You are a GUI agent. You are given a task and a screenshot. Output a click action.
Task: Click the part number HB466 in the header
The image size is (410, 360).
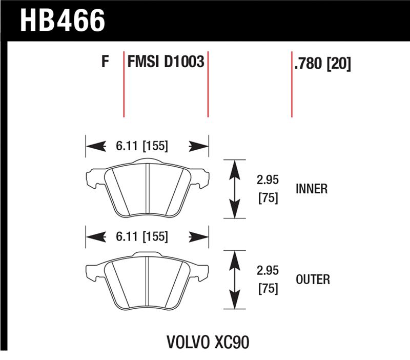[62, 21]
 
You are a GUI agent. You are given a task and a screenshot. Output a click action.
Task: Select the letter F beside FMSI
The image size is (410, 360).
[105, 63]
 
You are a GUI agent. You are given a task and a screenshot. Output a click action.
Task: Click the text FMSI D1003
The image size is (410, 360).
[166, 63]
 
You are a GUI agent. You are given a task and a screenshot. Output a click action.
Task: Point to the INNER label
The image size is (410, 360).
[311, 189]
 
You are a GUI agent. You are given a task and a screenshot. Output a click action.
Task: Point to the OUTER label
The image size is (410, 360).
[313, 279]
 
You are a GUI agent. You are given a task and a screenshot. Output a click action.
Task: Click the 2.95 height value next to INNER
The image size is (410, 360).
[268, 181]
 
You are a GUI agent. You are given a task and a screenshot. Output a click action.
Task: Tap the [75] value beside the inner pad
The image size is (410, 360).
[268, 198]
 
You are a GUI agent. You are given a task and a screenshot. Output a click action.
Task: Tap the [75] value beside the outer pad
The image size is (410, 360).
[268, 288]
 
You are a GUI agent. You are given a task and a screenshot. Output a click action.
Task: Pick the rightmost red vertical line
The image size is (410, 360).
[292, 85]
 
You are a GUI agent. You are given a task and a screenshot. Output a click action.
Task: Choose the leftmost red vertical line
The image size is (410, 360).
[124, 85]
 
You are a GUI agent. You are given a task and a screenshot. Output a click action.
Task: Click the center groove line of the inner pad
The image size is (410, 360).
[147, 189]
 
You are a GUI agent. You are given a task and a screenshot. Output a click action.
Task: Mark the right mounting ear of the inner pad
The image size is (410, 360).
[201, 178]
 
